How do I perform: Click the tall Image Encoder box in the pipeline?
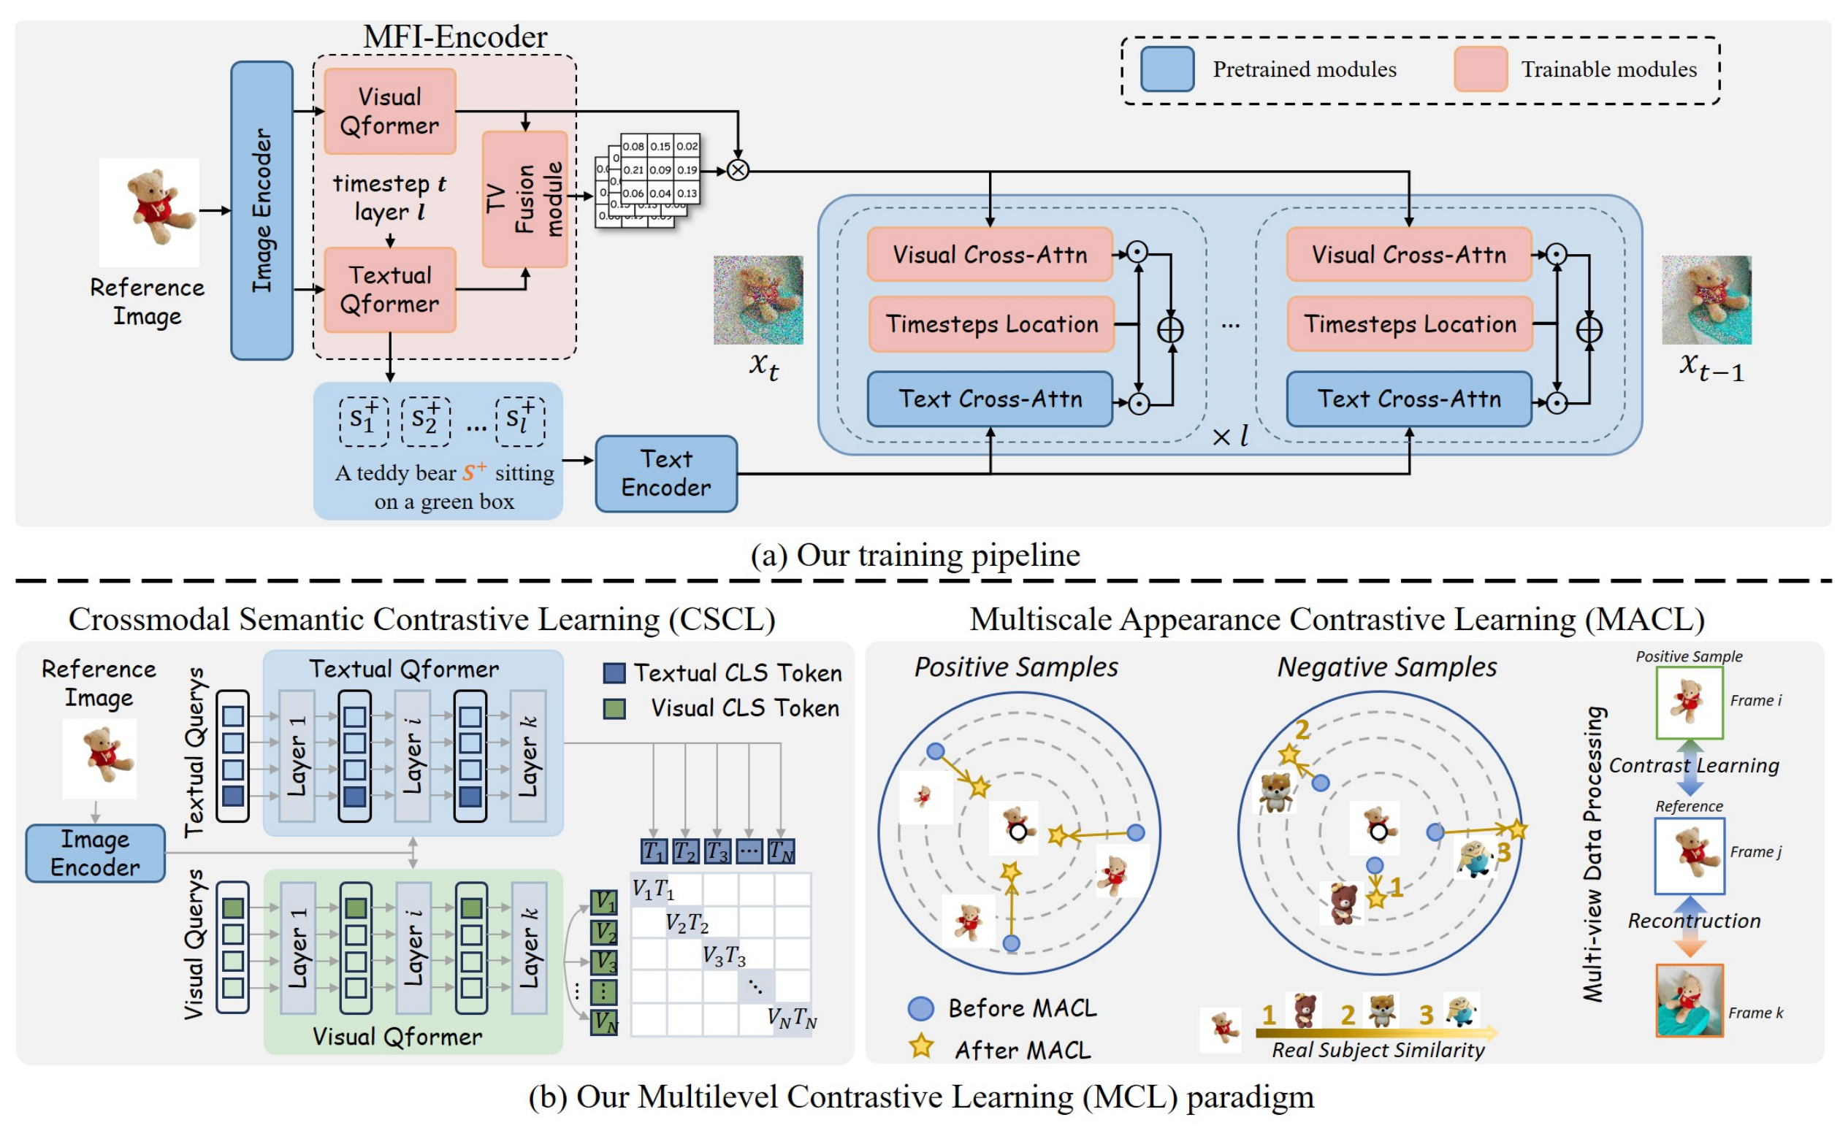tap(262, 210)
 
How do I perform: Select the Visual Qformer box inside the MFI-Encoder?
tap(390, 111)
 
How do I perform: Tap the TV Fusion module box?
tap(525, 199)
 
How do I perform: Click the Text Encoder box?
tap(666, 473)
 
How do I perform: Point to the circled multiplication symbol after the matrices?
tap(738, 170)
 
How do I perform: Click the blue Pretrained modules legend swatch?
tap(1167, 69)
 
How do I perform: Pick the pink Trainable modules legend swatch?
tap(1480, 69)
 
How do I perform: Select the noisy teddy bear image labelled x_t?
tap(758, 300)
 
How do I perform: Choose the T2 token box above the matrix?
tap(684, 851)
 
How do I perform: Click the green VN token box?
tap(604, 1021)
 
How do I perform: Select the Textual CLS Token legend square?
tap(614, 672)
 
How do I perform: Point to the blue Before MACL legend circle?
tap(921, 1008)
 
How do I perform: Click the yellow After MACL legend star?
tap(922, 1048)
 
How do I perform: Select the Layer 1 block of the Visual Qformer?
tap(298, 948)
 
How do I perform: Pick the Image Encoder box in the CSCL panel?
tap(96, 853)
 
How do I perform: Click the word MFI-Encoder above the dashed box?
tap(455, 37)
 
